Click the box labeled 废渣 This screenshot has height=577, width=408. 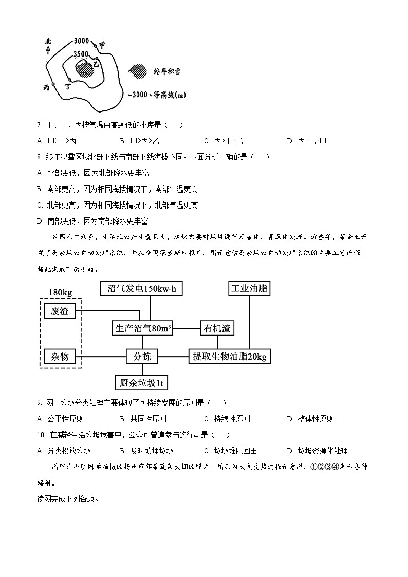pos(60,311)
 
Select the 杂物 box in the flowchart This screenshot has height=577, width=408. pos(60,356)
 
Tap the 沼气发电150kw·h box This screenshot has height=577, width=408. pos(141,288)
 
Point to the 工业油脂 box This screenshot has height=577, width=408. pos(249,288)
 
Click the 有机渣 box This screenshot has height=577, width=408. pos(217,328)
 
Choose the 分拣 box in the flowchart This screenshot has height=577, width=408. pos(142,356)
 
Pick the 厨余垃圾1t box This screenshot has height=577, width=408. pos(142,382)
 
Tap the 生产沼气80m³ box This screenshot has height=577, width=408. pos(142,328)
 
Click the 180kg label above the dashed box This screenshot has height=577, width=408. pos(60,292)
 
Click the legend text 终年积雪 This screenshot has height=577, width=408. pos(167,72)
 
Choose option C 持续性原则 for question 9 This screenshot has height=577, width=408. pos(227,419)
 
